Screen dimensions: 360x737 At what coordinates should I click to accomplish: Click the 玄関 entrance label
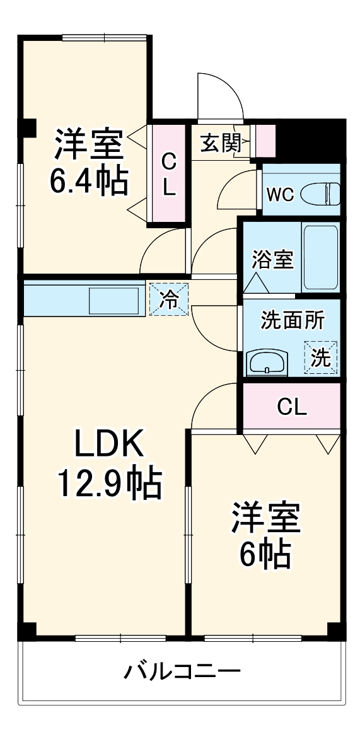pos(221,142)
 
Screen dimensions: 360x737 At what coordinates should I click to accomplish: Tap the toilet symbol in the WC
pos(320,194)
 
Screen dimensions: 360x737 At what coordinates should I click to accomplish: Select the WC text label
pos(281,194)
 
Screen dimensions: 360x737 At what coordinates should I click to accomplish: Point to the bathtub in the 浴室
pos(320,258)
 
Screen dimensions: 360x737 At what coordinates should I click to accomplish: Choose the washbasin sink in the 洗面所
pos(266,362)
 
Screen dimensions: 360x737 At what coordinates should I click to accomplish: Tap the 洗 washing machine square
pos(322,357)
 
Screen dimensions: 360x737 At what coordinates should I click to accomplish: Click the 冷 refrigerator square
pos(169,299)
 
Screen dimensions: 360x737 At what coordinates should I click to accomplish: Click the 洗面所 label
pos(292,321)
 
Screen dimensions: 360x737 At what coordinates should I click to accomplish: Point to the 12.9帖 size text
pos(110,484)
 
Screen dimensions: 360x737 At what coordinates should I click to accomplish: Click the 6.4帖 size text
pos(90,181)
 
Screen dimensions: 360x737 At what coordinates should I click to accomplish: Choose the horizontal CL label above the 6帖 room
pos(292,407)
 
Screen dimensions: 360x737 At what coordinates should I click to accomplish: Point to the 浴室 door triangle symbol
pos(256,283)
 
